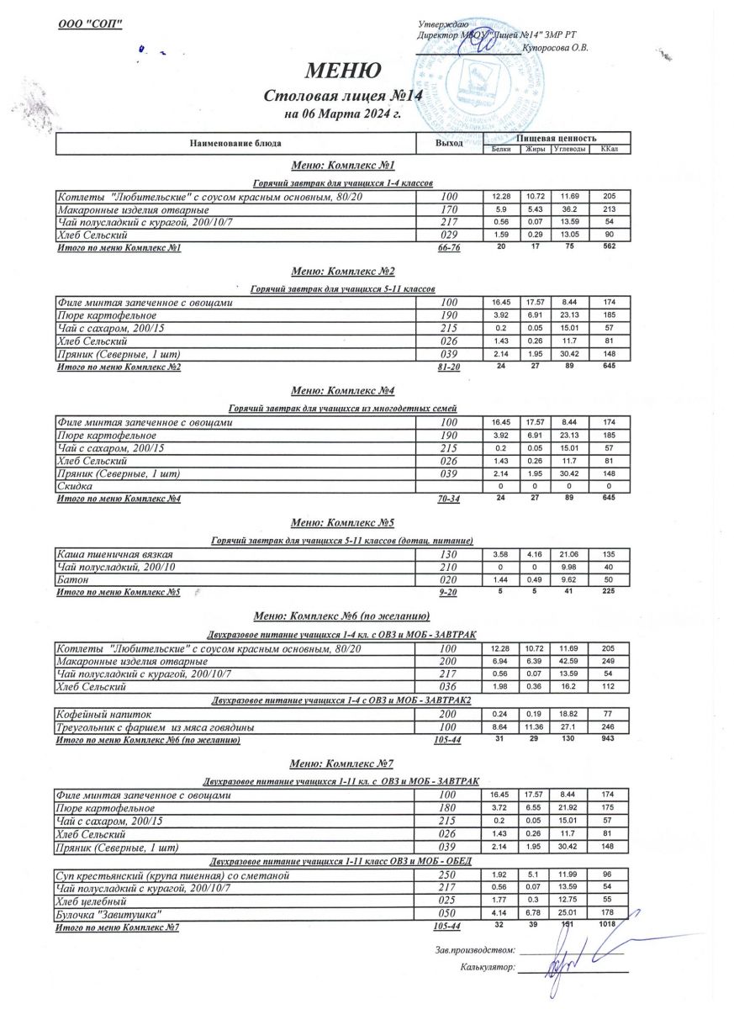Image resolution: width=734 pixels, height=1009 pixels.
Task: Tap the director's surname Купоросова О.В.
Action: tap(555, 48)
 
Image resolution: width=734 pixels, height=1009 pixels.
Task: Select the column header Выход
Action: tap(449, 144)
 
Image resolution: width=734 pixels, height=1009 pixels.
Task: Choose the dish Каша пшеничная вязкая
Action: tap(125, 555)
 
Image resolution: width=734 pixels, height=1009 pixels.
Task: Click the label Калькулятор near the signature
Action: tap(487, 968)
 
